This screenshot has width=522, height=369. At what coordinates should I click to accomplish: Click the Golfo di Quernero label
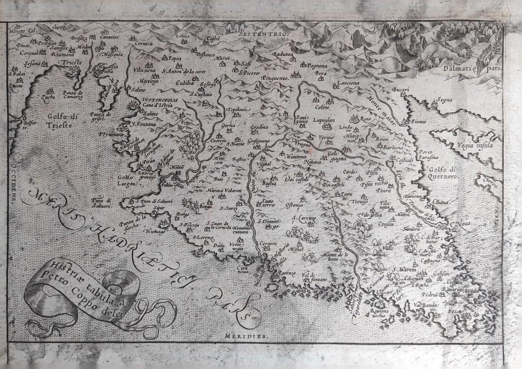(x=442, y=173)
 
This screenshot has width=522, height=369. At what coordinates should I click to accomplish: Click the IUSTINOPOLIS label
(x=151, y=99)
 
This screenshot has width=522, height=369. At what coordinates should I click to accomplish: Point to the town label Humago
(x=154, y=232)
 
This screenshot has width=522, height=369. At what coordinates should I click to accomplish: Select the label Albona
(x=438, y=202)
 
